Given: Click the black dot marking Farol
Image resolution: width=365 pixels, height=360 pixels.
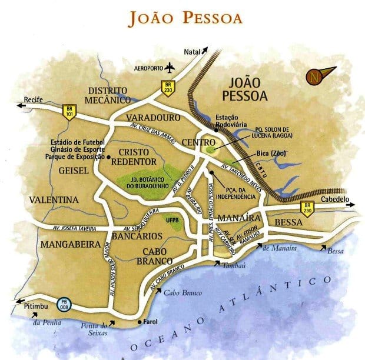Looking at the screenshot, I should tap(139, 322).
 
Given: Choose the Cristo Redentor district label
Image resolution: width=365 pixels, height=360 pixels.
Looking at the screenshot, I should tap(134, 157).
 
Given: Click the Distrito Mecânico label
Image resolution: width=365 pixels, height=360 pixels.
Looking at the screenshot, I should tap(107, 96).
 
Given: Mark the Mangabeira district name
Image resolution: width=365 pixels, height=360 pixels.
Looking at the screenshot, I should tap(65, 243).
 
